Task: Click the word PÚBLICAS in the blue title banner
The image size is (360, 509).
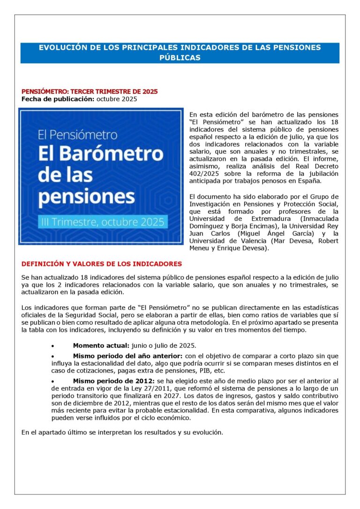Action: (180, 58)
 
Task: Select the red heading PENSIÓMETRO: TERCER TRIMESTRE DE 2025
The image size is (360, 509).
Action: (90, 91)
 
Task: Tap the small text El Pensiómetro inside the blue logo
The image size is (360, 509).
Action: (78, 135)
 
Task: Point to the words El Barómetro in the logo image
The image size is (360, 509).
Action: (100, 154)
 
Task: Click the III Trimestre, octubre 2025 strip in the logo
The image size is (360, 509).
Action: (101, 221)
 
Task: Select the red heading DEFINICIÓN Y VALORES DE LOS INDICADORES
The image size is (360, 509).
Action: (102, 264)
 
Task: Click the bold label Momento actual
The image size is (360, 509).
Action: (101, 345)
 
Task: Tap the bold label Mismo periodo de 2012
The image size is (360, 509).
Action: (113, 382)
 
